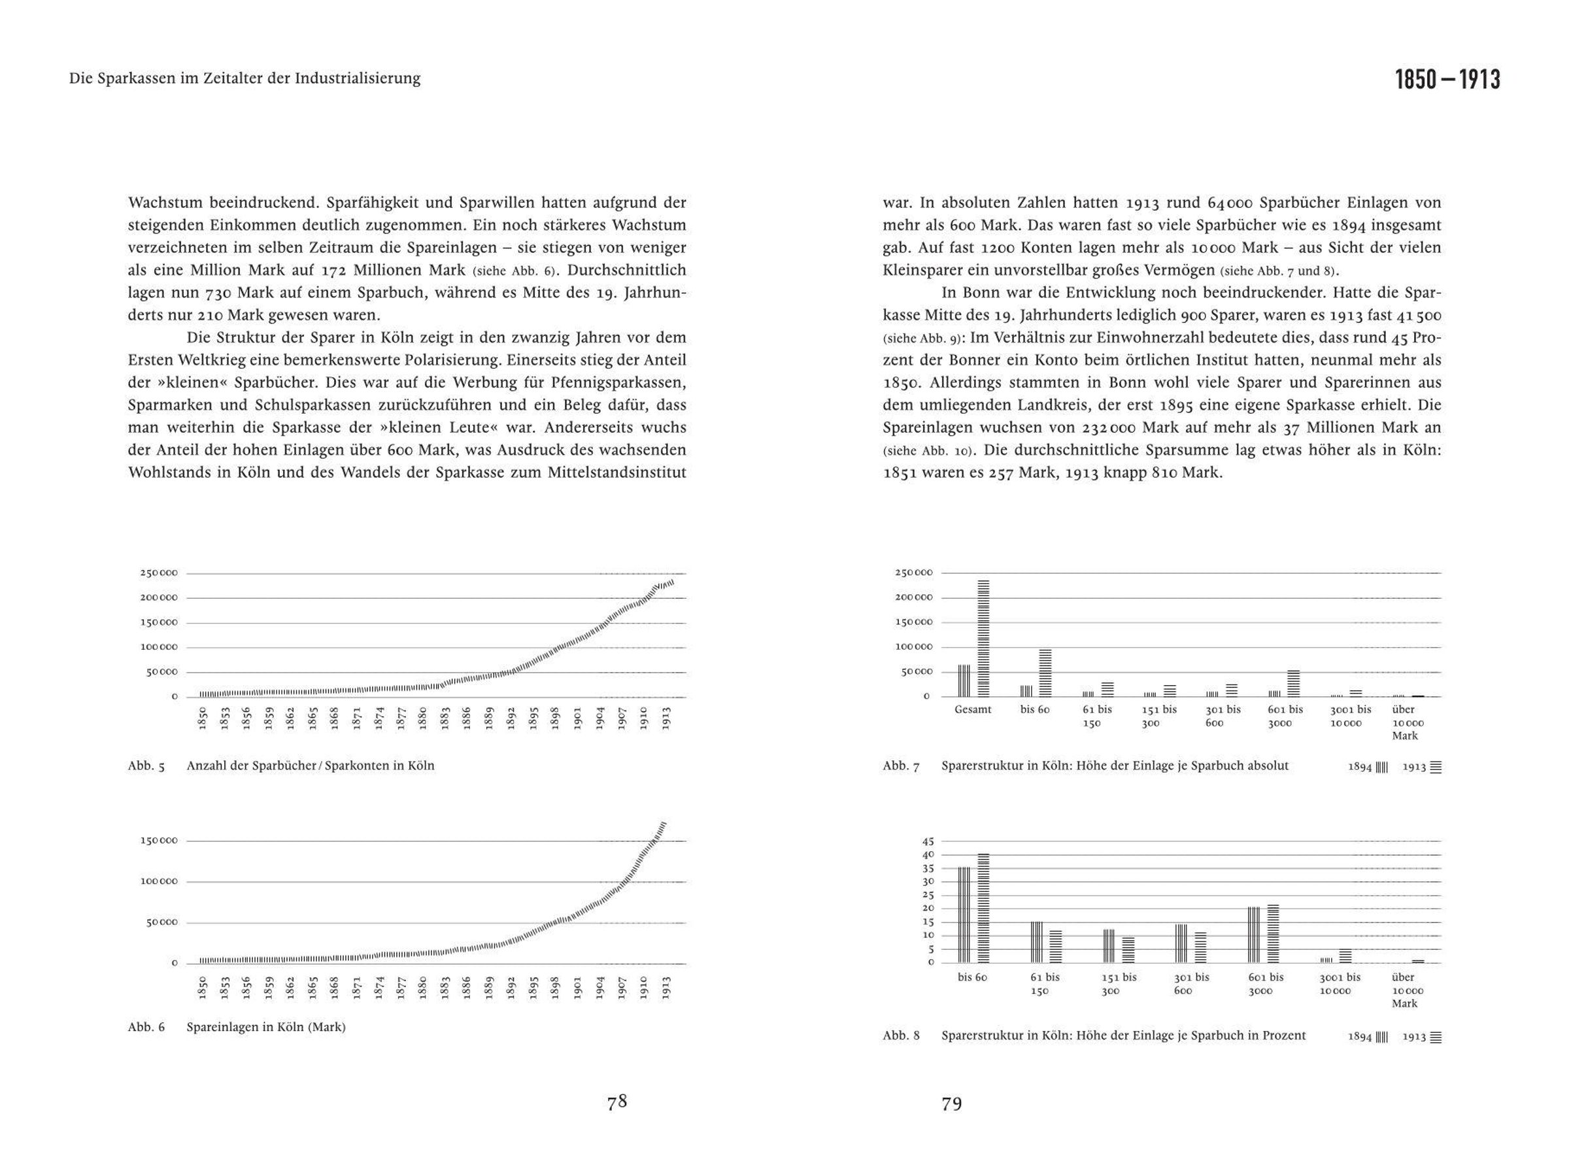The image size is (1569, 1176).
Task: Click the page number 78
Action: [616, 1101]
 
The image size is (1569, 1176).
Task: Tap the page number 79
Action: [951, 1104]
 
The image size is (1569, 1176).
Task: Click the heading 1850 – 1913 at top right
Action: [1447, 80]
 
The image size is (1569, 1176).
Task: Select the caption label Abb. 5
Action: [146, 766]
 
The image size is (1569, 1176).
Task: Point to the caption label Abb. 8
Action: [901, 1035]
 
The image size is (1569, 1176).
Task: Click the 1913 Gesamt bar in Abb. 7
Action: [983, 639]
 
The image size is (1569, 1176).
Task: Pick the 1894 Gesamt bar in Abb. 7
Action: [964, 681]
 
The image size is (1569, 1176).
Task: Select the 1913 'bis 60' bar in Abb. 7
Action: [1045, 673]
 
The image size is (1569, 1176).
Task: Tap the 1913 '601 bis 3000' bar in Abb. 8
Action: [1274, 933]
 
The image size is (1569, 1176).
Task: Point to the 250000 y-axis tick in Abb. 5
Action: [159, 573]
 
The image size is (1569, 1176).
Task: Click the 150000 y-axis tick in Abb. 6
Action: [159, 841]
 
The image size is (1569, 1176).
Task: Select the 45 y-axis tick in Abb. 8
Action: [928, 841]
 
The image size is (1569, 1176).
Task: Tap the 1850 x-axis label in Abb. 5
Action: [202, 718]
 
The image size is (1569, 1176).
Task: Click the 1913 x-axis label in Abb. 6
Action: [666, 987]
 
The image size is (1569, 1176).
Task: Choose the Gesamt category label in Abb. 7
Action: [973, 709]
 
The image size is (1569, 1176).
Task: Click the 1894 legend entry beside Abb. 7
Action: [1367, 767]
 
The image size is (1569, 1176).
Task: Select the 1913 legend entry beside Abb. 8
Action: [1421, 1037]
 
